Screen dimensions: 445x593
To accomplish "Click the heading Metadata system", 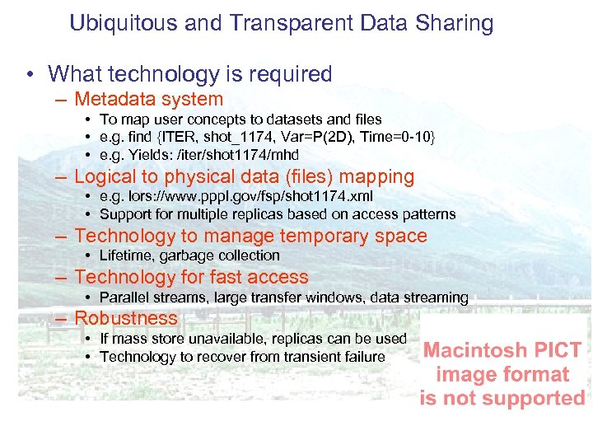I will pos(148,100).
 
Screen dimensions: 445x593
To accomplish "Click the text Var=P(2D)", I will pos(316,137).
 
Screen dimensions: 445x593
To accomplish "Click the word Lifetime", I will pos(127,255).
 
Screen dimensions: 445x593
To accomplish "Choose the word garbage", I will pos(185,255).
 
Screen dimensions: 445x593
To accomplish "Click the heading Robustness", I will pos(126,318).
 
